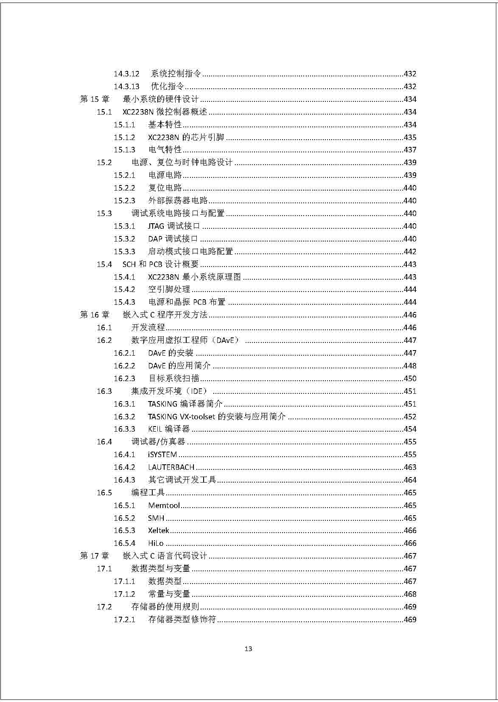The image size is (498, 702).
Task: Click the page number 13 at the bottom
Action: tap(249, 649)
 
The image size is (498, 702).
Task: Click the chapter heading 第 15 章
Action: tap(95, 99)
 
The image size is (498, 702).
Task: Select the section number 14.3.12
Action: tap(126, 74)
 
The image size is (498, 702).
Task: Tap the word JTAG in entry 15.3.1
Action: tap(156, 226)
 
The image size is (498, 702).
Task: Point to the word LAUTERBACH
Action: tap(171, 467)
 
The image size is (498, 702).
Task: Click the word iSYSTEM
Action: tap(162, 455)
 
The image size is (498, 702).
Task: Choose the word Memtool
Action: tap(164, 505)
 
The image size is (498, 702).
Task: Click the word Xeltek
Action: tap(158, 531)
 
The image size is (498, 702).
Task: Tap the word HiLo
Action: tap(156, 543)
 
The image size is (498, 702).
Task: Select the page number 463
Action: tap(410, 467)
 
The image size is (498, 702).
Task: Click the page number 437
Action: tap(410, 150)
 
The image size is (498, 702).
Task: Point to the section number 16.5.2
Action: tap(124, 518)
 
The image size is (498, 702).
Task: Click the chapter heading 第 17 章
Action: tap(95, 556)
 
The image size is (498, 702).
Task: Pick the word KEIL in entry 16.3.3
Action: tap(155, 429)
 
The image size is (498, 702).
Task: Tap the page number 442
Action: tap(410, 252)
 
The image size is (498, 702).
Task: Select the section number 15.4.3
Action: tap(124, 302)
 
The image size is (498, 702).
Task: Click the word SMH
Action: tap(156, 518)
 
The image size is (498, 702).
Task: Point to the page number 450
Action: tap(410, 379)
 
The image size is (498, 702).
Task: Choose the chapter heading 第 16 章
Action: tap(95, 315)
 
